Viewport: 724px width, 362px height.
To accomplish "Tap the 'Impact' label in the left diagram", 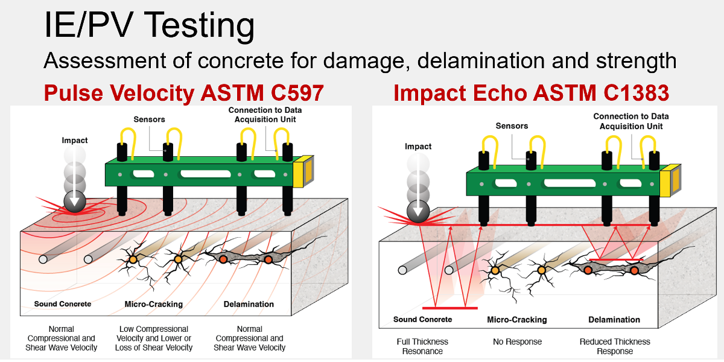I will pos(75,141).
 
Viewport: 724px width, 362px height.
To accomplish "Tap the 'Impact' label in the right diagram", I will pos(418,147).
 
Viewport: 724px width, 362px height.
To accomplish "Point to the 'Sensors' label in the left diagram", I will pos(149,119).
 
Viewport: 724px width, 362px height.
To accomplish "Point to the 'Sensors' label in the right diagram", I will pos(512,126).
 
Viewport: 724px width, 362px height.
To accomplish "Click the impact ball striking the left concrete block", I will pos(75,205).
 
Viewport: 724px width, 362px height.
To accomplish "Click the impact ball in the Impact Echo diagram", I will pos(418,211).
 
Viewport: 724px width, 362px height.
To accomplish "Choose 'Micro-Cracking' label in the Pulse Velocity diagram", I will pos(153,304).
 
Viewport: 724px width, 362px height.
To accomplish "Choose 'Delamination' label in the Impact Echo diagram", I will pos(614,320).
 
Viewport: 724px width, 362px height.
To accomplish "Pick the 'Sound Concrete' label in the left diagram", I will pos(63,304).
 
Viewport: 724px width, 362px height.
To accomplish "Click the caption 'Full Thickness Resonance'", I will pos(422,346).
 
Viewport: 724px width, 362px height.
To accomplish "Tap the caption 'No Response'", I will pos(517,342).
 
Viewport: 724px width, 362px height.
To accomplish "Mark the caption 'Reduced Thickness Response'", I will pos(615,346).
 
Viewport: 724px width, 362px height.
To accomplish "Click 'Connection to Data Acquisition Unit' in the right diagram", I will pos(630,121).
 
